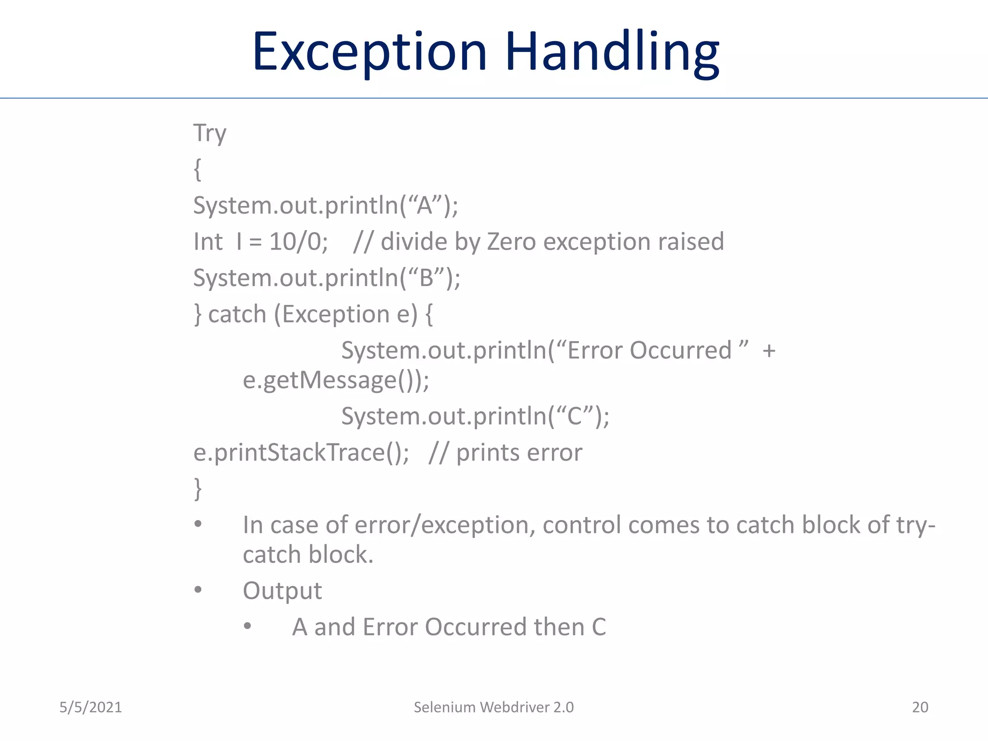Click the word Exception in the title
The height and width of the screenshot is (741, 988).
370,52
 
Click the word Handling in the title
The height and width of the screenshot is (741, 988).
612,52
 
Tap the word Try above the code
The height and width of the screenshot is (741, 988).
210,133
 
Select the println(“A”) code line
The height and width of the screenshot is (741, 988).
326,205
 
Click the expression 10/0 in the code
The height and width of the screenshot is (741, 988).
298,241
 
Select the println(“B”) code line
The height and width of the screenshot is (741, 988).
327,278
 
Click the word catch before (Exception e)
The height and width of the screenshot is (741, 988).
237,314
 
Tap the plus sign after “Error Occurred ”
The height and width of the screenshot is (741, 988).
769,351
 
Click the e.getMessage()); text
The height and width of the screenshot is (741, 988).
336,380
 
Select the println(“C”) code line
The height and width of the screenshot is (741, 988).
475,416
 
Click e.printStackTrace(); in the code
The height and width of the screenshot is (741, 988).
301,453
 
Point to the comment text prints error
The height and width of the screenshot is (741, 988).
519,453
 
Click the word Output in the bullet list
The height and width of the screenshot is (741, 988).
282,590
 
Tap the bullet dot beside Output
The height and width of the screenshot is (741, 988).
198,590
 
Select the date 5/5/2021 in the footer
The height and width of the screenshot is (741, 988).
91,707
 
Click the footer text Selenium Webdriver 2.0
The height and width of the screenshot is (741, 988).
494,707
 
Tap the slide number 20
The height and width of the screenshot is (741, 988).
920,707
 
